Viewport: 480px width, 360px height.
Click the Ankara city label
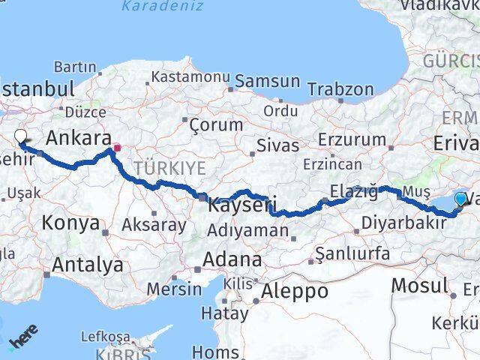[x=78, y=138]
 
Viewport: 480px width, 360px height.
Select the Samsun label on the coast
[x=268, y=81]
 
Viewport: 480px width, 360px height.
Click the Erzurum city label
[x=352, y=141]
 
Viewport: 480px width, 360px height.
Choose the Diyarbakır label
[x=404, y=222]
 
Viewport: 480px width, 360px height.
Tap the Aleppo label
[x=293, y=292]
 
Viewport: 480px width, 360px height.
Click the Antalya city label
[x=88, y=264]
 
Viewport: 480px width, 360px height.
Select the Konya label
[x=70, y=223]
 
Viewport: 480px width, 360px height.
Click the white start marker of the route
[x=20, y=137]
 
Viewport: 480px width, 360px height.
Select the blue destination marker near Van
[x=460, y=199]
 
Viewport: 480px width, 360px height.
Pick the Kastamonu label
[x=190, y=76]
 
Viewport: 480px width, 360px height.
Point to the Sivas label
[x=277, y=145]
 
